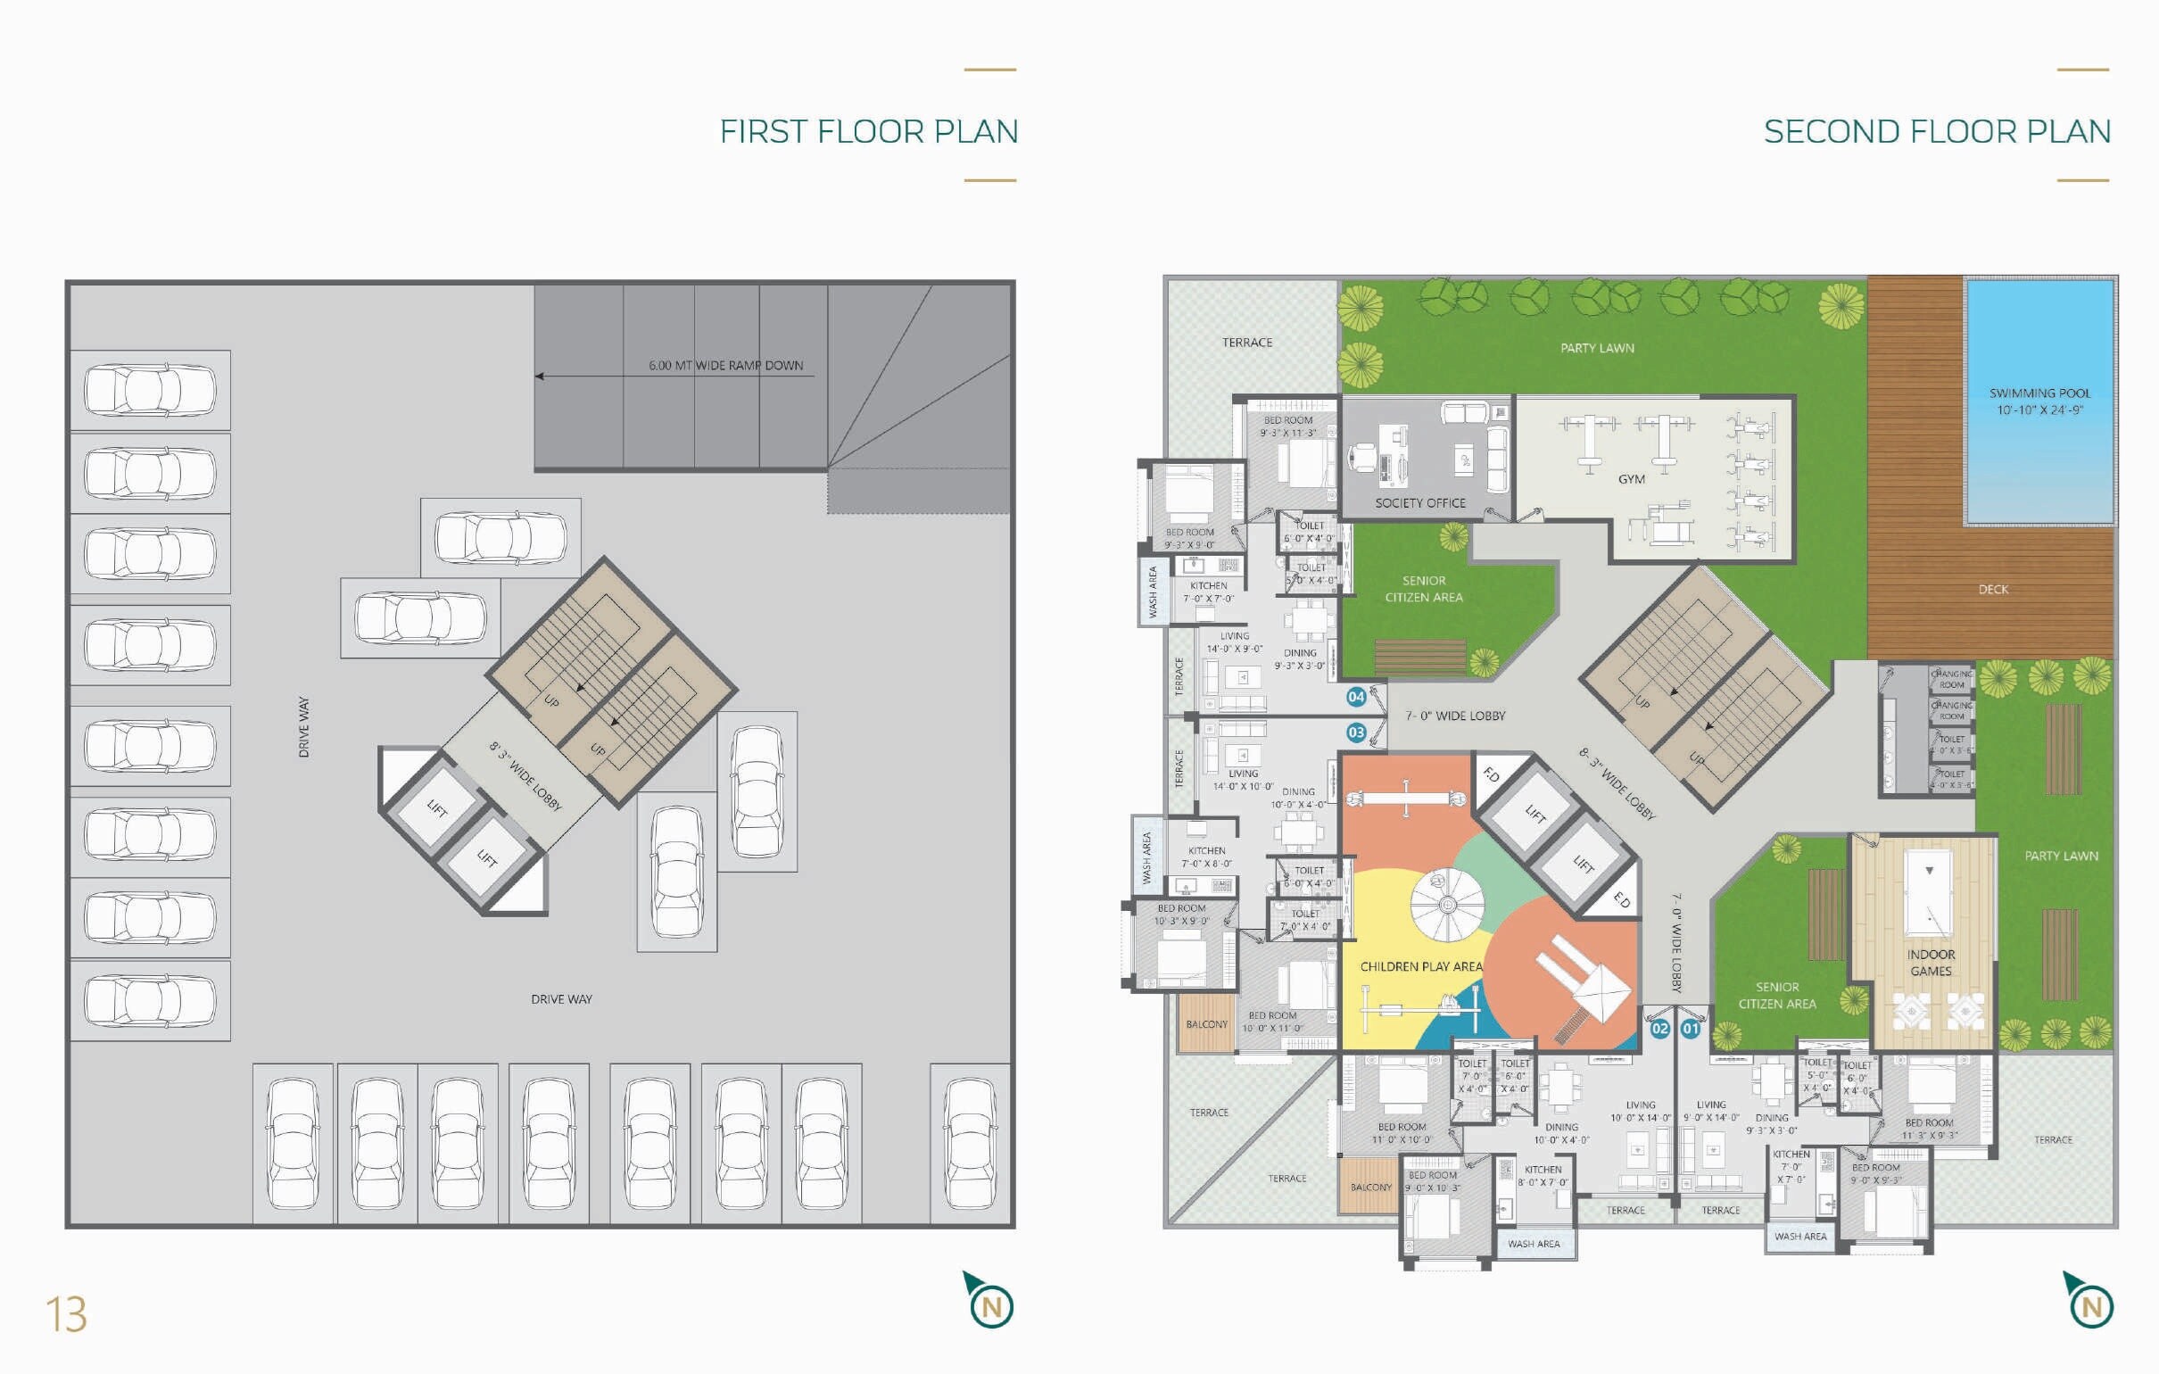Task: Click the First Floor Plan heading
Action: (868, 132)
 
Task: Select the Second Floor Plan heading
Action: (1937, 132)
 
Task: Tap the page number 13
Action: (66, 1315)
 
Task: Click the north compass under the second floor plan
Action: (2090, 1304)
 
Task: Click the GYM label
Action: (1631, 479)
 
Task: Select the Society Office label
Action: (1420, 503)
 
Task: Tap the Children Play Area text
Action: (1421, 966)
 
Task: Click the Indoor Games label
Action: (1931, 963)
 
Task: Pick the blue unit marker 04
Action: (1356, 697)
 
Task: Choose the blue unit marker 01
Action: (1690, 1029)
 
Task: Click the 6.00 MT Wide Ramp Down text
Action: (725, 365)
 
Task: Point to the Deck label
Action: (1993, 589)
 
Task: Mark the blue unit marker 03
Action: (1356, 733)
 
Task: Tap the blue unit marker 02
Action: (1659, 1029)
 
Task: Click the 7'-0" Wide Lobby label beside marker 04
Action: (1454, 716)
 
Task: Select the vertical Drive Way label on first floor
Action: (304, 726)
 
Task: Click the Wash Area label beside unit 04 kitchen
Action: (1152, 592)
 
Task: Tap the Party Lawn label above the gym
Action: (1597, 348)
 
